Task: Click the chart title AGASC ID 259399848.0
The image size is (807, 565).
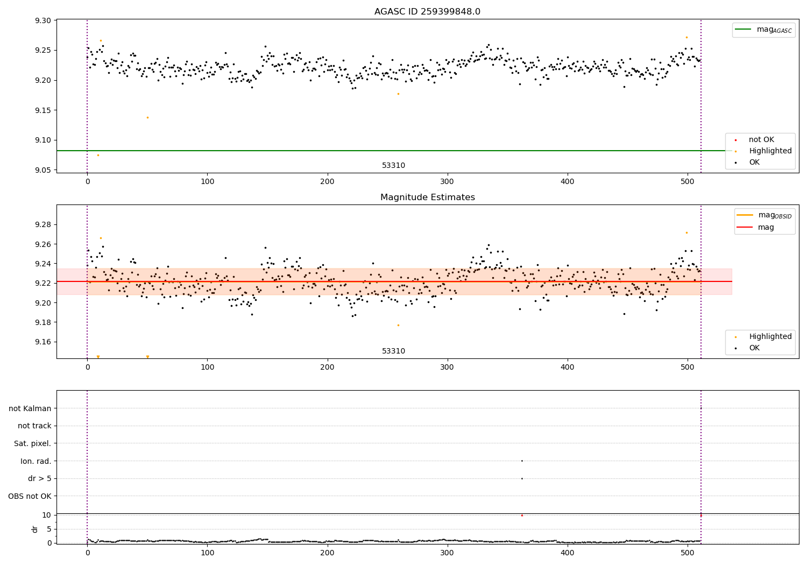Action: coord(427,12)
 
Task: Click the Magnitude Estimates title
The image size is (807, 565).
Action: coord(427,197)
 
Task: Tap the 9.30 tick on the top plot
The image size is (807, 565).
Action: coord(43,20)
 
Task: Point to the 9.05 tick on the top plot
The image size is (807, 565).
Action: coord(43,170)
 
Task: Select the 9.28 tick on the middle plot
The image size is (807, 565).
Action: coord(43,224)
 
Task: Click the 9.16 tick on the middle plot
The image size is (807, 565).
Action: coord(43,342)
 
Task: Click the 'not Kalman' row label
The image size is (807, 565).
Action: coord(30,408)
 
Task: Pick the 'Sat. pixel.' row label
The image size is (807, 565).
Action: coord(32,443)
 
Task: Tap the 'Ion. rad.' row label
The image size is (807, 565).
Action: coord(36,461)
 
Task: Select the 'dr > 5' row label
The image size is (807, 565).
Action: coord(39,478)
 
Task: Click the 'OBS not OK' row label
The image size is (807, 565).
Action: coord(30,496)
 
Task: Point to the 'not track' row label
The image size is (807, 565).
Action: coord(34,426)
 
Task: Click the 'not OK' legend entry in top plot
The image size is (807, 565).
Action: coord(761,140)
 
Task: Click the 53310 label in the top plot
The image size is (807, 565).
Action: coord(393,166)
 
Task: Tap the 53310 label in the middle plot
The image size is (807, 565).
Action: coord(393,351)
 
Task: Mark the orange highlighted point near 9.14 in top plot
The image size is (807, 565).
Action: coord(147,117)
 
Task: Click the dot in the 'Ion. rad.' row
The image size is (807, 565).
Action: coord(522,461)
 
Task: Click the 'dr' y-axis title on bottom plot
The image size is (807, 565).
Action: coord(35,529)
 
